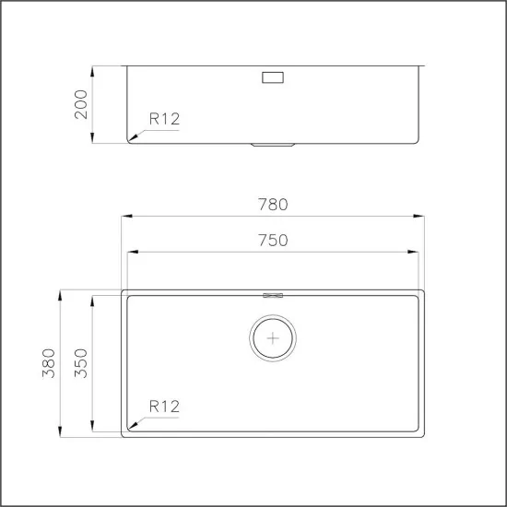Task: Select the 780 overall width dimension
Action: (x=274, y=204)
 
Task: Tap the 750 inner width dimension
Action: (x=274, y=240)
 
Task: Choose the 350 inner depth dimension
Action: (x=81, y=363)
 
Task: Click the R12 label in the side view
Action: (x=164, y=117)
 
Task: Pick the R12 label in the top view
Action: (x=164, y=406)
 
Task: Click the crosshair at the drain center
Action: (x=273, y=338)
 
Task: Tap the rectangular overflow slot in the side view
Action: (x=274, y=78)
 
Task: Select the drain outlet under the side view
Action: (x=274, y=145)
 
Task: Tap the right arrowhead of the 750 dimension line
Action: (x=418, y=252)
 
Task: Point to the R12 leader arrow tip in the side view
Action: (x=130, y=140)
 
